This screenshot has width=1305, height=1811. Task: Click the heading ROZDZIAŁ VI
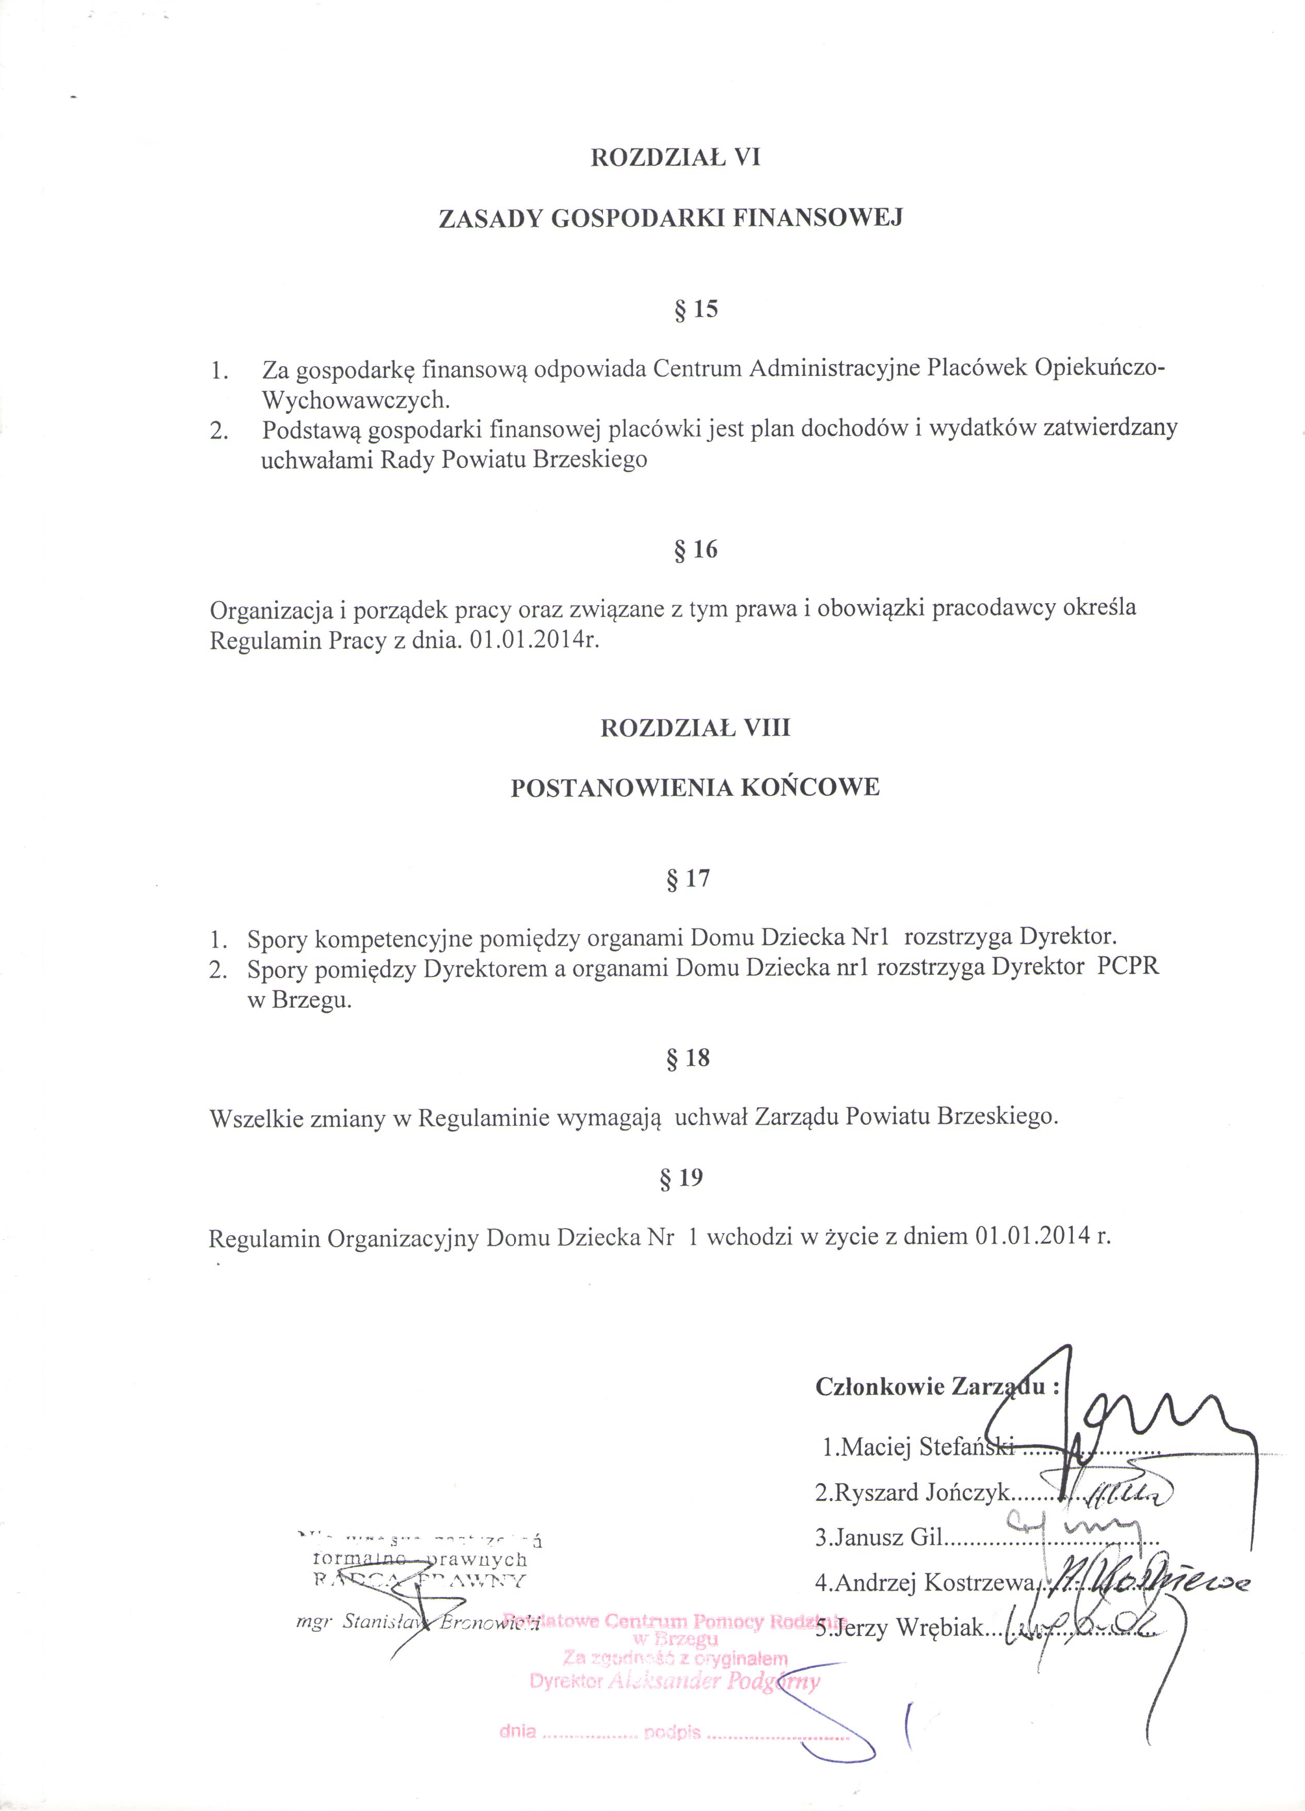[x=675, y=158]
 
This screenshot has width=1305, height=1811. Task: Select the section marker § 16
[x=696, y=549]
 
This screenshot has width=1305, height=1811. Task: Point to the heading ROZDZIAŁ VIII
[x=695, y=728]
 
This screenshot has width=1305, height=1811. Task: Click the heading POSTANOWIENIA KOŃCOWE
[x=694, y=788]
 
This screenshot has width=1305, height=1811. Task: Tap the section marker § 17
[x=687, y=879]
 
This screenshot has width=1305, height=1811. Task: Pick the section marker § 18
[x=687, y=1058]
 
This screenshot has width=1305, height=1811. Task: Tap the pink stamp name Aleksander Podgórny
[x=713, y=1682]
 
